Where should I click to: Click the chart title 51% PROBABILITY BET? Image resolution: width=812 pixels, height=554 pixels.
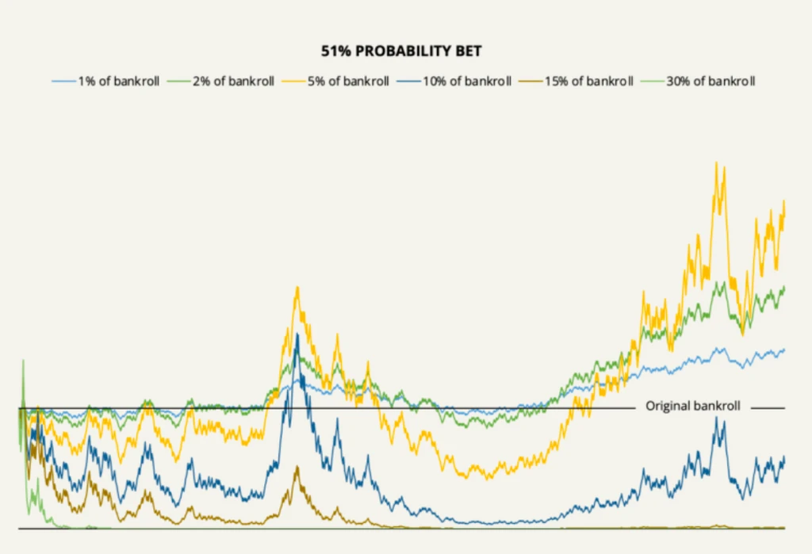pyautogui.click(x=401, y=52)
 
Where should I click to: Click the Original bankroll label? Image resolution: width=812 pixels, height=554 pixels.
pyautogui.click(x=692, y=406)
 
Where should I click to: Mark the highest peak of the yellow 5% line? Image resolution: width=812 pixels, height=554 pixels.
pyautogui.click(x=717, y=162)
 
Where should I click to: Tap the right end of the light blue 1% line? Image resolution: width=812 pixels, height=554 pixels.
pyautogui.click(x=784, y=350)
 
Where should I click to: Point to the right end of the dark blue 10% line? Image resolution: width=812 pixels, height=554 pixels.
pyautogui.click(x=784, y=457)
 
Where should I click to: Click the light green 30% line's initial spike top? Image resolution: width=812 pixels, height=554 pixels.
pyautogui.click(x=22, y=361)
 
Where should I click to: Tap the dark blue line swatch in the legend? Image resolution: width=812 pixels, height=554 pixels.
pyautogui.click(x=407, y=81)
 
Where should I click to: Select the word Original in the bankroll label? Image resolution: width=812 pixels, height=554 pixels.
pyautogui.click(x=667, y=406)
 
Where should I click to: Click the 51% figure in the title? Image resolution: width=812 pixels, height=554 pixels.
pyautogui.click(x=334, y=52)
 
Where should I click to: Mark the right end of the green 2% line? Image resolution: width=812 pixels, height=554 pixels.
pyautogui.click(x=784, y=287)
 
